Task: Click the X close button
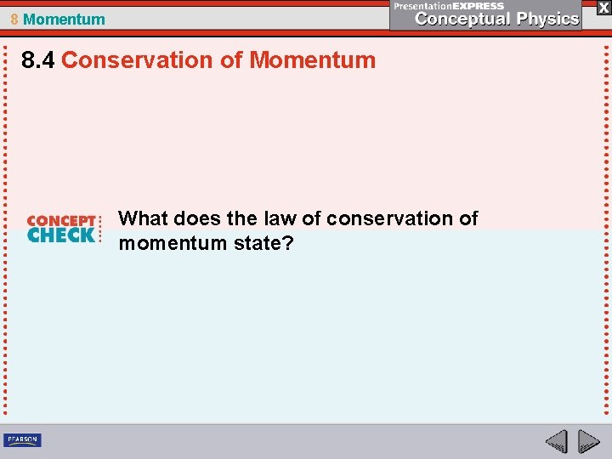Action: click(x=603, y=7)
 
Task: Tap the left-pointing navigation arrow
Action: click(x=556, y=441)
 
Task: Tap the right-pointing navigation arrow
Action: click(x=588, y=441)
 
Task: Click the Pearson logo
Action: click(x=22, y=440)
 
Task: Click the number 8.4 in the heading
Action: click(x=39, y=60)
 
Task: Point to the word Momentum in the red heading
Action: click(x=313, y=60)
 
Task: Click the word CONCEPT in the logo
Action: click(x=61, y=221)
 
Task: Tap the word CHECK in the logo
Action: click(x=61, y=235)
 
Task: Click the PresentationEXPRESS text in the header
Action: click(x=449, y=5)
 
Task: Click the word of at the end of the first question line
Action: click(x=468, y=218)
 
